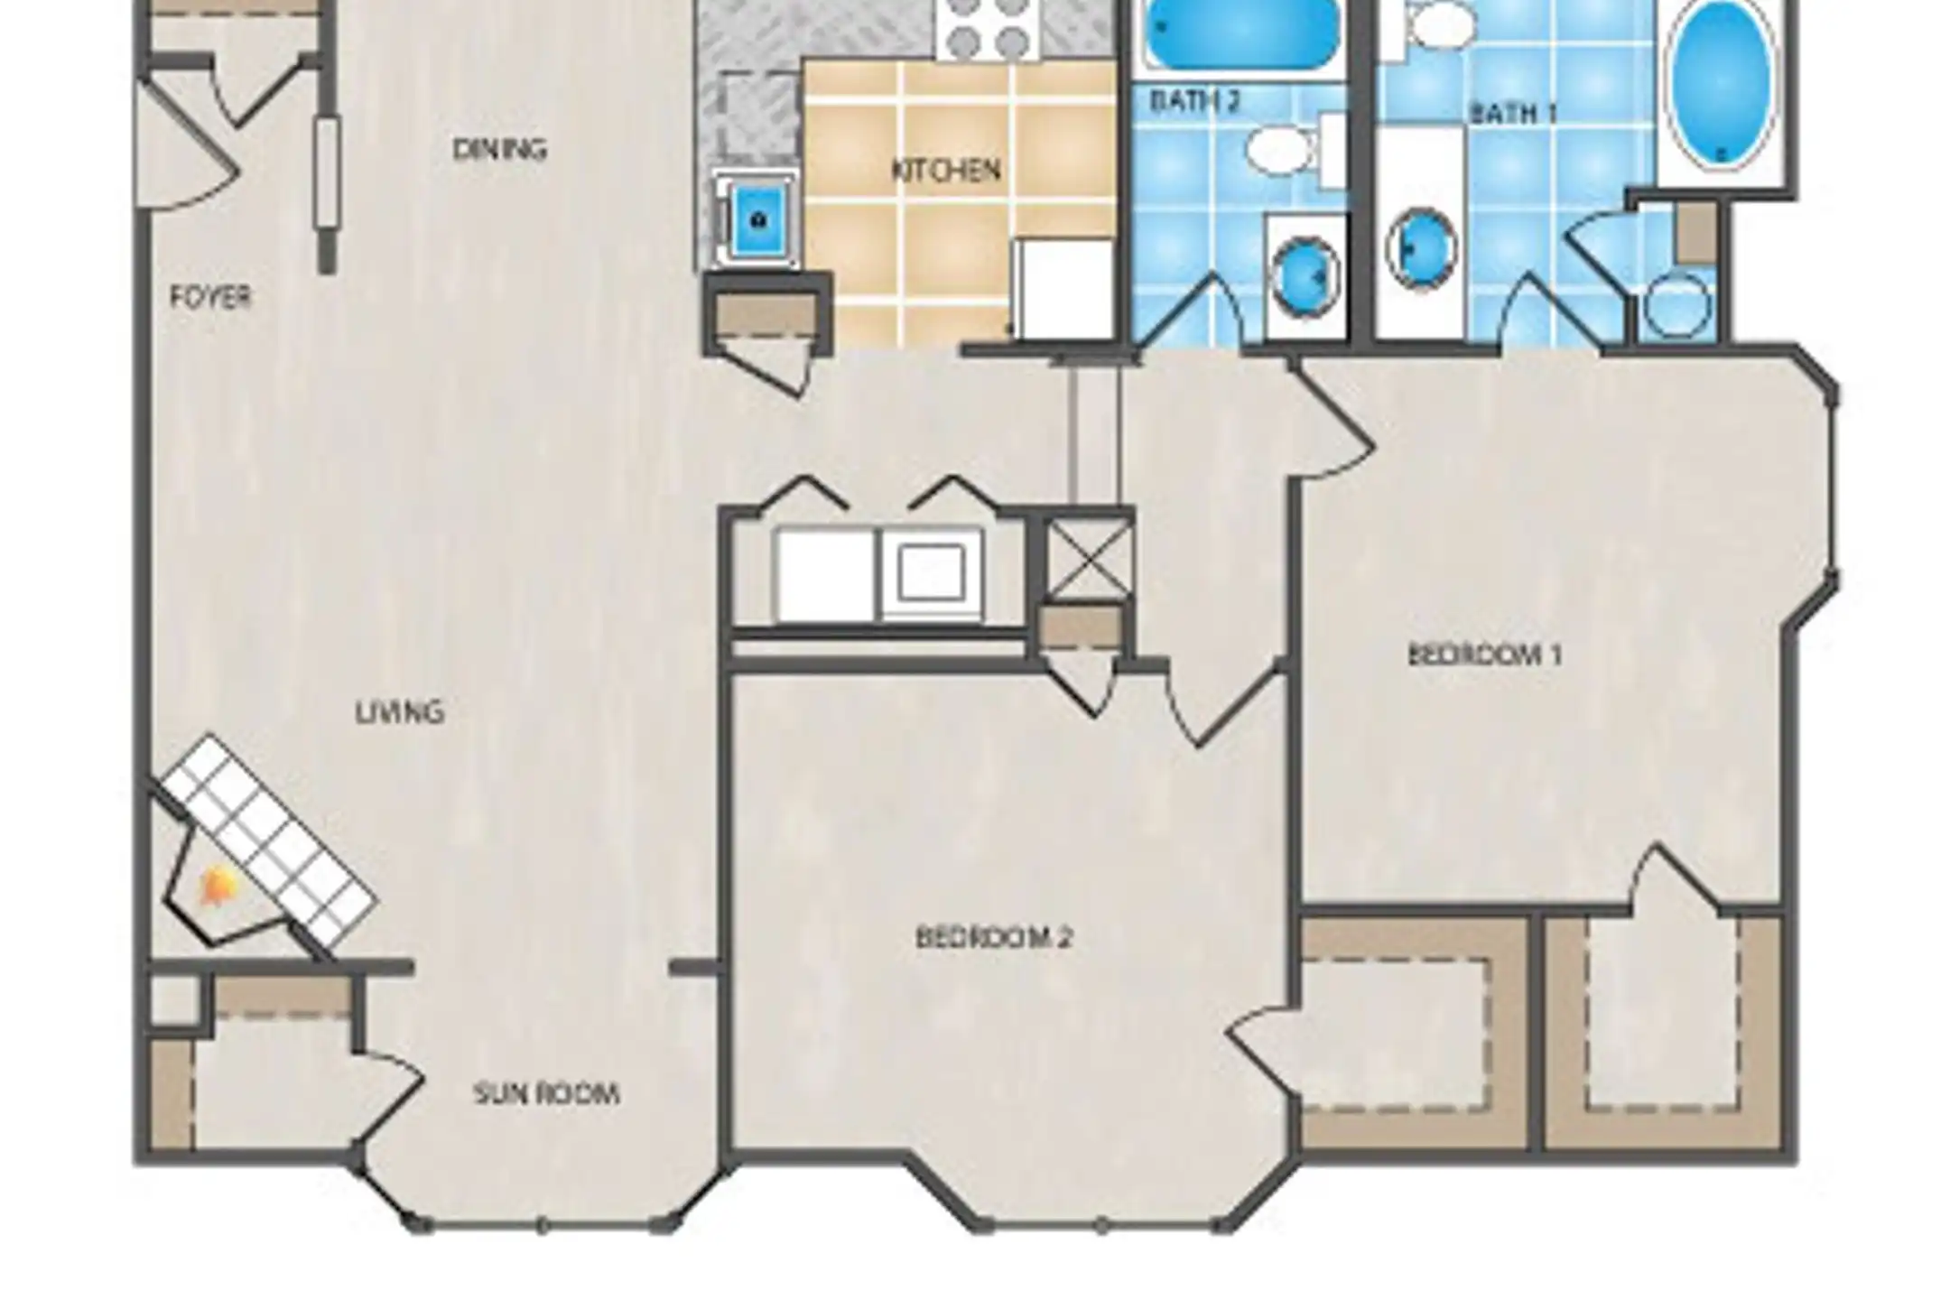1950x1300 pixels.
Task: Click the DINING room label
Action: click(499, 149)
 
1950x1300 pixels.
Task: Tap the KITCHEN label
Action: click(946, 170)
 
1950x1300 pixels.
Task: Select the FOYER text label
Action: click(210, 296)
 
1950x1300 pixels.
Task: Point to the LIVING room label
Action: click(399, 712)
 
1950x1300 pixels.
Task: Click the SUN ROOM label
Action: click(546, 1094)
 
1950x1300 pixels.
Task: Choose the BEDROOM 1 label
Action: click(1484, 655)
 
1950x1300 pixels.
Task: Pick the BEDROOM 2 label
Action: click(993, 937)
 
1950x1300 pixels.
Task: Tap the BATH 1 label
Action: click(1514, 114)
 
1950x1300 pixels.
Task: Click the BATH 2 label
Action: click(1195, 101)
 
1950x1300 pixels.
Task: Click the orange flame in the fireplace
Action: click(217, 887)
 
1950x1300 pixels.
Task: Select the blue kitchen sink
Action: click(758, 218)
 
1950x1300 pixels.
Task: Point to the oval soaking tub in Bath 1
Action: click(1719, 83)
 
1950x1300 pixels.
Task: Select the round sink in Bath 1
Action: click(1422, 248)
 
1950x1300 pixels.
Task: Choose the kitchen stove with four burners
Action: click(990, 29)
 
